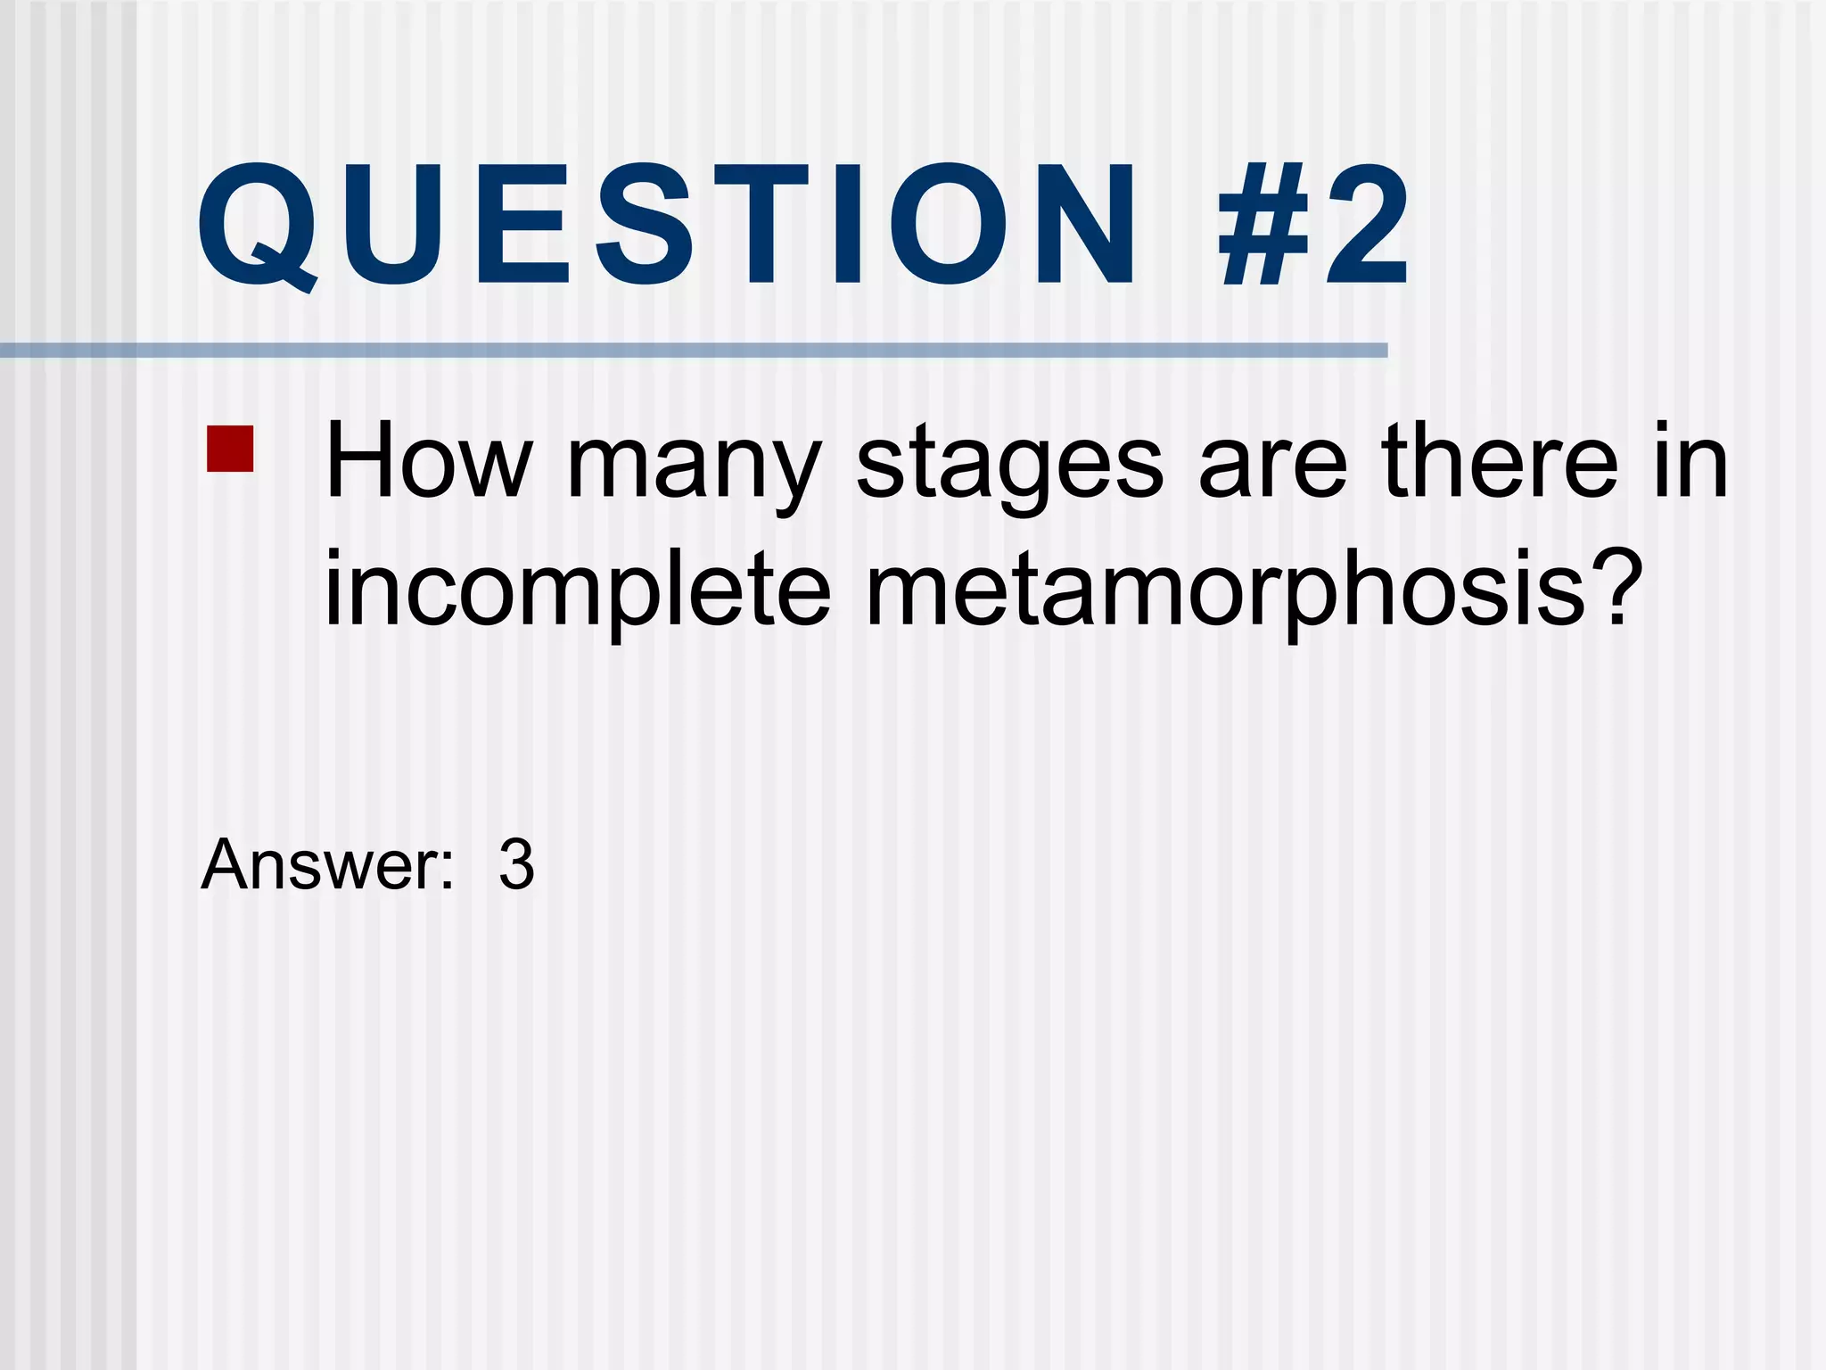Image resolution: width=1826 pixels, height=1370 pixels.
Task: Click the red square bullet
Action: pos(230,449)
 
